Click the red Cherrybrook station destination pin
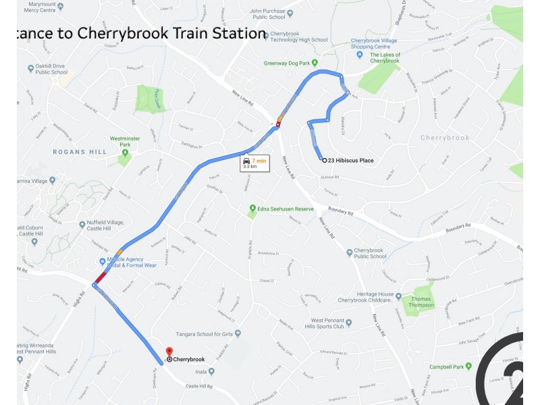[x=169, y=352]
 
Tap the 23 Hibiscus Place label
[x=351, y=161]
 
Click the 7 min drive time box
[x=254, y=163]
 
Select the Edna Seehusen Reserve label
[x=286, y=209]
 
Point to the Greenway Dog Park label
[x=290, y=63]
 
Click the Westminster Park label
[x=125, y=141]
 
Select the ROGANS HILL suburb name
[x=80, y=153]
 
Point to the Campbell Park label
[x=450, y=367]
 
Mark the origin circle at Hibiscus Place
[x=324, y=161]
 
